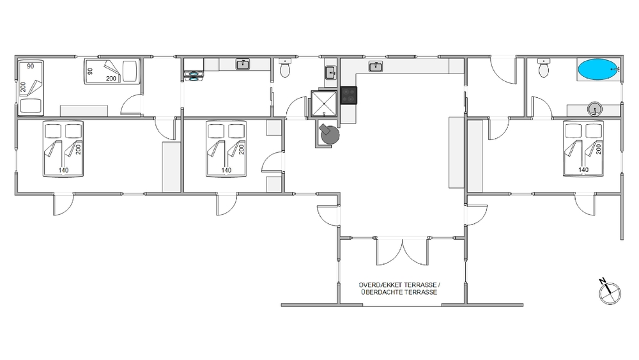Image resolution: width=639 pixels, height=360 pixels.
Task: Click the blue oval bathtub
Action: pyautogui.click(x=597, y=69)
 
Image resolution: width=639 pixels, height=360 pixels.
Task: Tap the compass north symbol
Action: pyautogui.click(x=609, y=292)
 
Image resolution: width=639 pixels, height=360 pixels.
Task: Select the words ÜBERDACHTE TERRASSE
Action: pyautogui.click(x=399, y=292)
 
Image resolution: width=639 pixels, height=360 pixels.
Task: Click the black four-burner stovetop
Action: pyautogui.click(x=349, y=95)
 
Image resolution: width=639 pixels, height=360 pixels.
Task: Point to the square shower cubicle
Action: pyautogui.click(x=324, y=104)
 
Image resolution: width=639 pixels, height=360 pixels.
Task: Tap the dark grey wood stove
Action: pyautogui.click(x=329, y=134)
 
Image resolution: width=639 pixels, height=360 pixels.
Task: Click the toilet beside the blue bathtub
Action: pyautogui.click(x=544, y=68)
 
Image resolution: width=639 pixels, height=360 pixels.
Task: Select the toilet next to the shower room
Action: pyautogui.click(x=285, y=68)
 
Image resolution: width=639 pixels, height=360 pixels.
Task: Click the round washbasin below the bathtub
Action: pyautogui.click(x=594, y=109)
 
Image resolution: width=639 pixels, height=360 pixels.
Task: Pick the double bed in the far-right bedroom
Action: pyautogui.click(x=583, y=149)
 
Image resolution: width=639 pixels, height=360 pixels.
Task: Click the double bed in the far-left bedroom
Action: pyautogui.click(x=63, y=149)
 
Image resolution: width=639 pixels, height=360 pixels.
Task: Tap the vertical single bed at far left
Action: pyautogui.click(x=31, y=88)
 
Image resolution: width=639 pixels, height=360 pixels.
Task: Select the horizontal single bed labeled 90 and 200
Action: pyautogui.click(x=112, y=72)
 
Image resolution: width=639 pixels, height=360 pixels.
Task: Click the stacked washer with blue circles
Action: pyautogui.click(x=194, y=76)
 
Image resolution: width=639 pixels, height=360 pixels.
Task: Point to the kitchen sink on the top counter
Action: pyautogui.click(x=375, y=66)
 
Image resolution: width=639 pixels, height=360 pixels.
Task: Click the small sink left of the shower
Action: pyautogui.click(x=330, y=73)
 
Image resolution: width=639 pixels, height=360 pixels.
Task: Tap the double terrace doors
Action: pyautogui.click(x=402, y=251)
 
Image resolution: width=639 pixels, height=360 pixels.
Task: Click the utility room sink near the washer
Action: pyautogui.click(x=243, y=65)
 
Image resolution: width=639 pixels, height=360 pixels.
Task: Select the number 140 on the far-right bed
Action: pyautogui.click(x=583, y=169)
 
